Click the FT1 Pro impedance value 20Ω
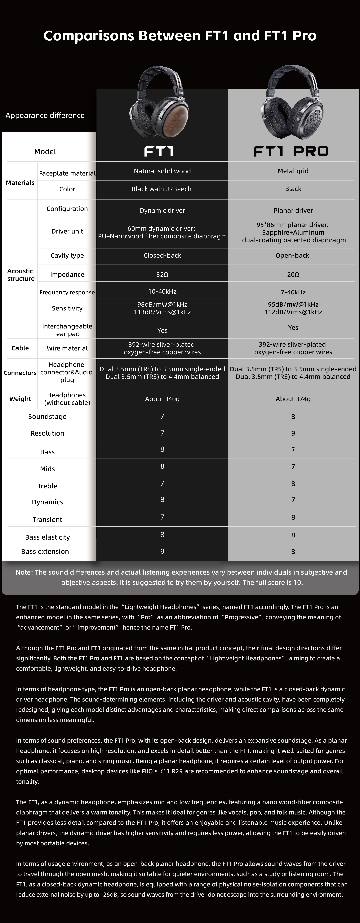293,274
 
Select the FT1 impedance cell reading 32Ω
162,274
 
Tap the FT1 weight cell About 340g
162,399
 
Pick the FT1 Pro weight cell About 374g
293,399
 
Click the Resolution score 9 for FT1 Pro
293,433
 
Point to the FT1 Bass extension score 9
162,551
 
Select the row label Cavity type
67,256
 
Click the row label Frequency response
67,292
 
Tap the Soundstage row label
47,416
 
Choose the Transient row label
47,519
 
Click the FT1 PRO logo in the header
291,151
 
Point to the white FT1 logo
159,151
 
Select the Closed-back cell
162,256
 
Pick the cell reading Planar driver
293,210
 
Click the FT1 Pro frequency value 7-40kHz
293,292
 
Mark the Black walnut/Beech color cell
162,189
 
